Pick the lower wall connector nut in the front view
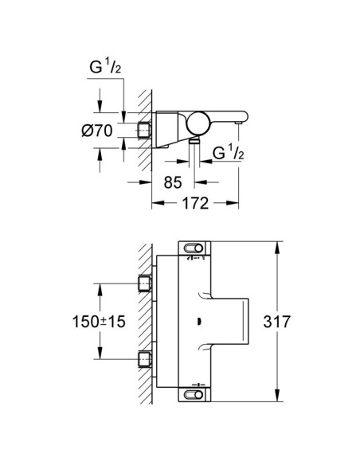point(144,358)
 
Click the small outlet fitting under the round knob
point(196,141)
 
